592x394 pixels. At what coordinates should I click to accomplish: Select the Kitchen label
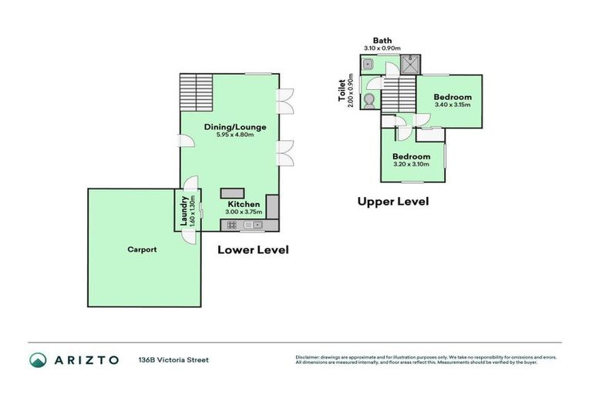[243, 204]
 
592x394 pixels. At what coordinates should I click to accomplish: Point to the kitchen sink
[252, 225]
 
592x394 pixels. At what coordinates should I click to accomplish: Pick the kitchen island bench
[231, 192]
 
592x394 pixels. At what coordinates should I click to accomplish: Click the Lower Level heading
[253, 249]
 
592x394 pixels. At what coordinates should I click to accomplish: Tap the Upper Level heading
[392, 202]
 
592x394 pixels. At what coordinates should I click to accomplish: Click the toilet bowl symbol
[369, 99]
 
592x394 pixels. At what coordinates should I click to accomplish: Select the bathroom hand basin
[369, 66]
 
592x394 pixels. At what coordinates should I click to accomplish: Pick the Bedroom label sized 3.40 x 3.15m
[452, 97]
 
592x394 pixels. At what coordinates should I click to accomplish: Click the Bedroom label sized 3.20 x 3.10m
[412, 156]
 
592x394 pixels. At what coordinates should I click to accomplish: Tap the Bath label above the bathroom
[382, 40]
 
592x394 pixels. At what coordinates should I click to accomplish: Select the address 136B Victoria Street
[173, 359]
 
